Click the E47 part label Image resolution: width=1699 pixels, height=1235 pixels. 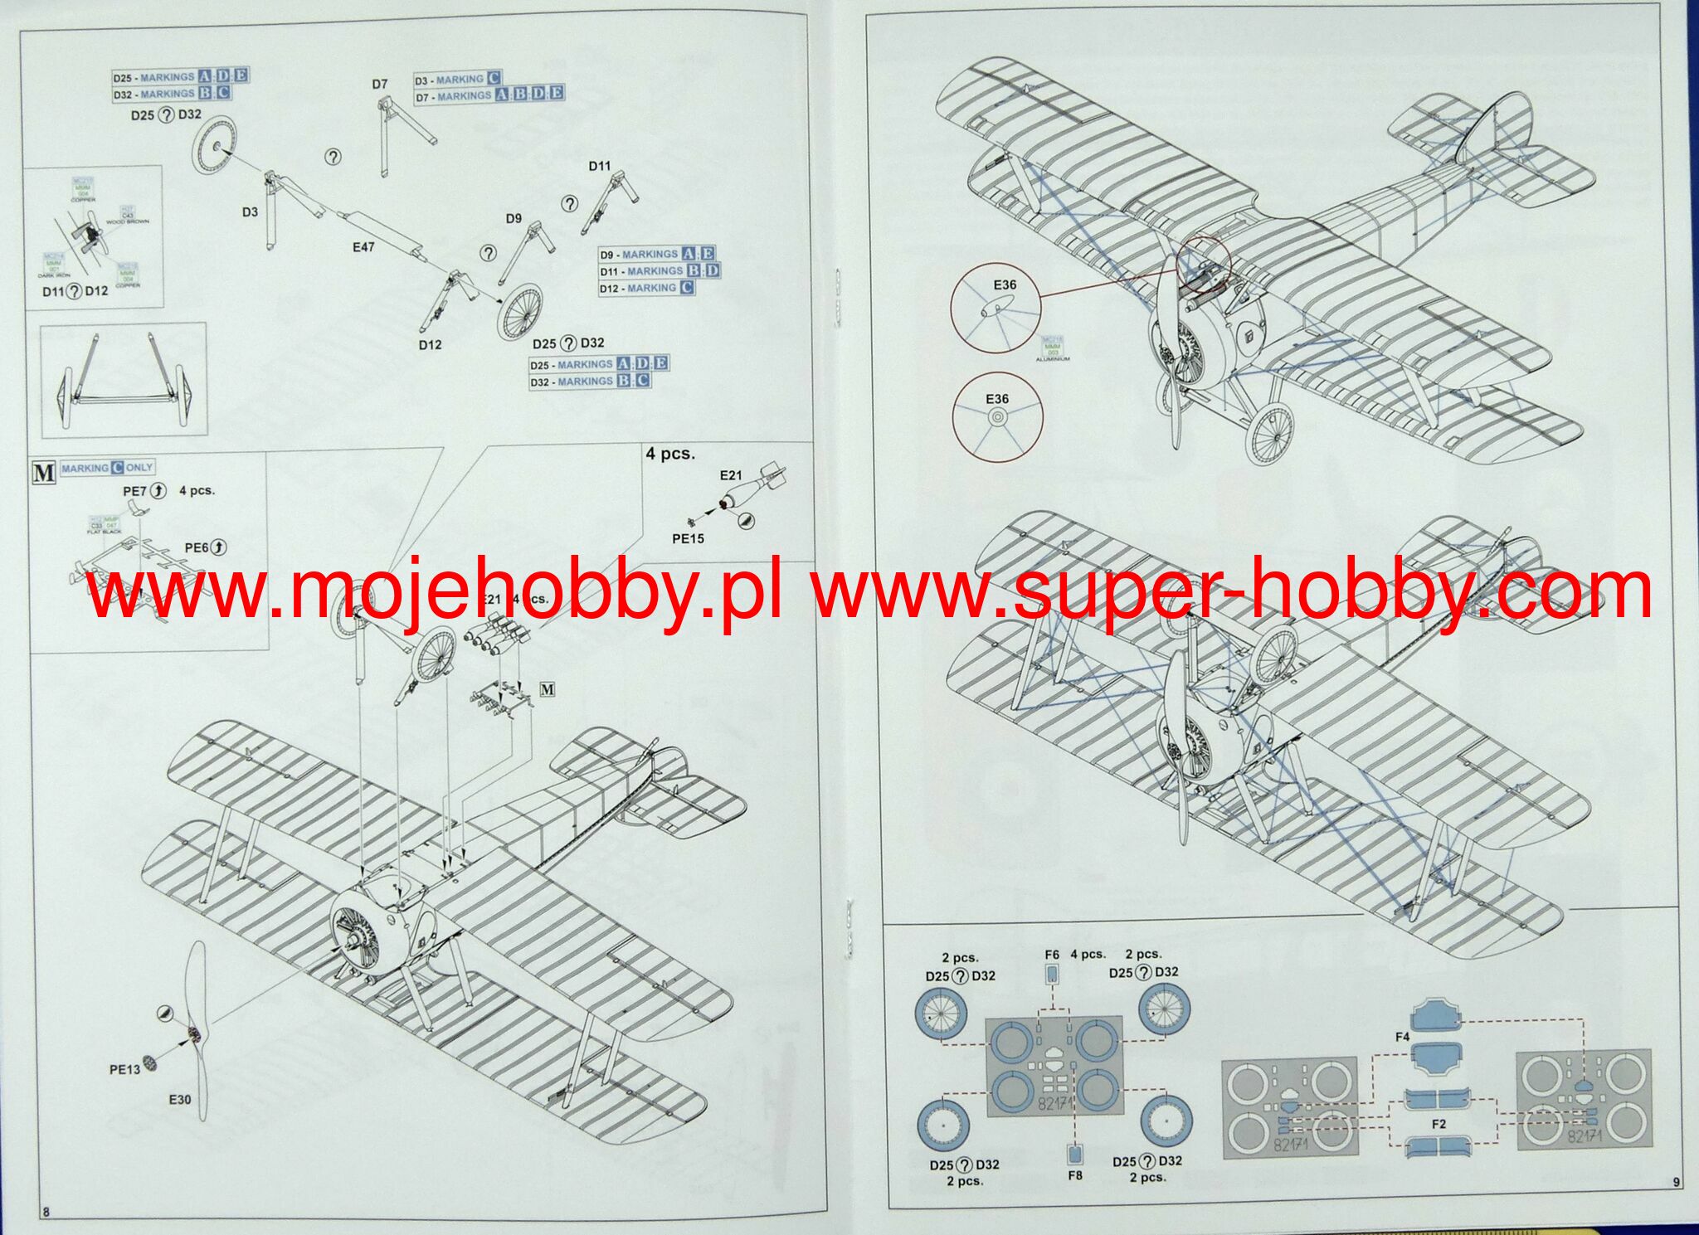point(363,247)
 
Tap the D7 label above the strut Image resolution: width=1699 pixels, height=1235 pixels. point(379,84)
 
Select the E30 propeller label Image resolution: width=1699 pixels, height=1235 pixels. point(180,1100)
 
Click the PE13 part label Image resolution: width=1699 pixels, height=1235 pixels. point(124,1070)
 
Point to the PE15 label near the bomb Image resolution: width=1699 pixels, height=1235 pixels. point(688,539)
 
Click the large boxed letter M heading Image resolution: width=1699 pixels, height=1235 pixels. point(43,473)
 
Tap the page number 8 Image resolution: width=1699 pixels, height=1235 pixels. point(46,1212)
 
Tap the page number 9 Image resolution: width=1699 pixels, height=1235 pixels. point(1677,1183)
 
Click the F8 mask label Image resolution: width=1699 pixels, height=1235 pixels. point(1075,1175)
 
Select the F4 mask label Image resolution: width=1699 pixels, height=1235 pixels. point(1402,1037)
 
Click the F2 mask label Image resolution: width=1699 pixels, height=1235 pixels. point(1439,1124)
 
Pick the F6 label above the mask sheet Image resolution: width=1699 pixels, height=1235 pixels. point(1052,955)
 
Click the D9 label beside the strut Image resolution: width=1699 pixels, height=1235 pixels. point(514,218)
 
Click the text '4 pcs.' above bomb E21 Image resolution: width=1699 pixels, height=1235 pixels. point(670,454)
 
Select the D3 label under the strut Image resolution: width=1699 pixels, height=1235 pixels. point(250,212)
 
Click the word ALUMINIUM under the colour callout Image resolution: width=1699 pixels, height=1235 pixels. point(1053,360)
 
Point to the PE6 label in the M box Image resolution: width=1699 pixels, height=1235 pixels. point(197,548)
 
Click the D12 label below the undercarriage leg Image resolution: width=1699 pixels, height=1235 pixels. point(430,345)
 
